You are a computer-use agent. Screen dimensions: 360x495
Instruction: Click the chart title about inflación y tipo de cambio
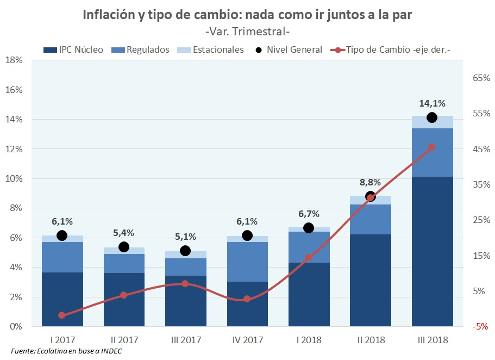click(247, 15)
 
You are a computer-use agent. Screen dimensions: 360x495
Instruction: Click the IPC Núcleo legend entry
click(73, 49)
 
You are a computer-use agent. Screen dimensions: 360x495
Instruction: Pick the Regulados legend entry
click(141, 49)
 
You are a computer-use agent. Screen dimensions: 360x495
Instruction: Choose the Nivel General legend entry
click(288, 49)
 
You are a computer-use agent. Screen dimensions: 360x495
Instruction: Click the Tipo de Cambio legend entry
click(391, 49)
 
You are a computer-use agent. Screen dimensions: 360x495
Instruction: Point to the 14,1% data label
click(432, 103)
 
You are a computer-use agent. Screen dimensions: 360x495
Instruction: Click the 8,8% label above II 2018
click(370, 182)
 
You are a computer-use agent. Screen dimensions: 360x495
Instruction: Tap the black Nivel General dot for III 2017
click(185, 251)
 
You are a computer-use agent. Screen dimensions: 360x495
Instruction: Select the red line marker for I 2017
click(62, 315)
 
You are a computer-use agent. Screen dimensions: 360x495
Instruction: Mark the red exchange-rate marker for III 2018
click(432, 147)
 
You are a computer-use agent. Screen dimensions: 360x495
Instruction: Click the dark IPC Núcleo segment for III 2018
click(432, 250)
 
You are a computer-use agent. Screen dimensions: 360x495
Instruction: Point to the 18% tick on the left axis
click(13, 60)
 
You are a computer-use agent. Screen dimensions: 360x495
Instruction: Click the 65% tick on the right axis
click(481, 78)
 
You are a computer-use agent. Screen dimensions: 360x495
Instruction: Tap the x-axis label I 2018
click(309, 340)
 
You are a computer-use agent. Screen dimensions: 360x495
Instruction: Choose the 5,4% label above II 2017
click(123, 233)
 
